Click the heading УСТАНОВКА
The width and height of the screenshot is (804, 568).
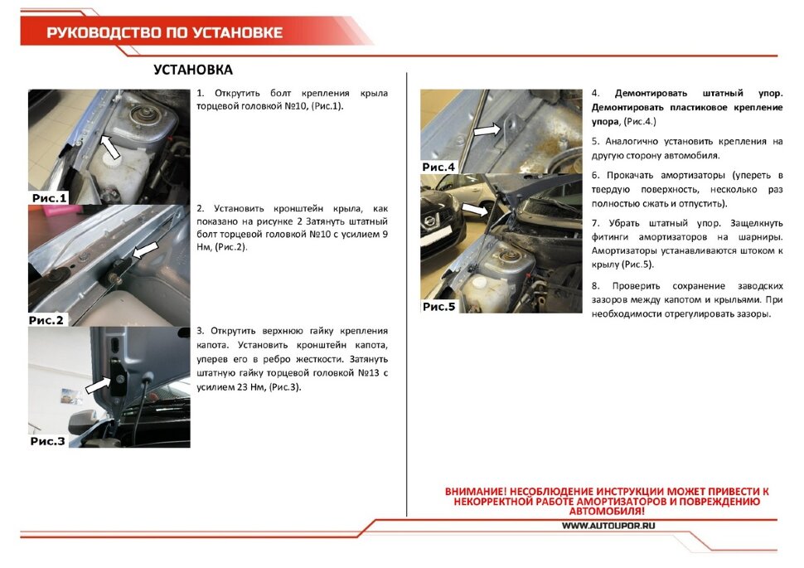(x=193, y=70)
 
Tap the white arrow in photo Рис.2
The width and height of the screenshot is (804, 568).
(x=145, y=248)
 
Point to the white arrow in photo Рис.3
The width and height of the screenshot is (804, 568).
(x=99, y=384)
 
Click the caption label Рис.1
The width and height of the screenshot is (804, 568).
(x=49, y=197)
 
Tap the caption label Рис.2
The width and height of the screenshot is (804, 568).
(x=47, y=319)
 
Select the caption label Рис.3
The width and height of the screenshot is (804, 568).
(x=48, y=441)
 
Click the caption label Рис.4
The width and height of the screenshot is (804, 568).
(x=439, y=167)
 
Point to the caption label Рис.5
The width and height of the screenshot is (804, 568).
(x=439, y=306)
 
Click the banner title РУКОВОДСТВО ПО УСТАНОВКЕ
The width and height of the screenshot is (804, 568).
(x=164, y=32)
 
